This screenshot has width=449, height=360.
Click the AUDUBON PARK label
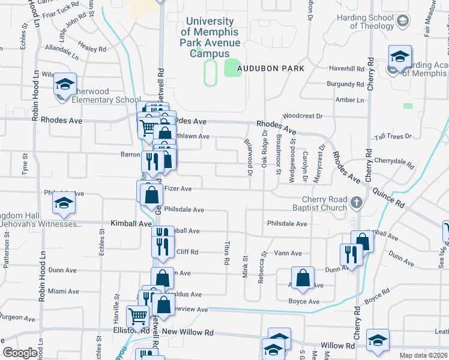tap(270, 68)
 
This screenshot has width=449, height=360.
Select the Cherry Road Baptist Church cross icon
tap(356, 202)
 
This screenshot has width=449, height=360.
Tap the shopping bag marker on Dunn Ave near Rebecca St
tap(303, 278)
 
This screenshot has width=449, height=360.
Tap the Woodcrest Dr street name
tap(303, 115)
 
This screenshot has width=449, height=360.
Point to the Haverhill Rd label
tap(345, 68)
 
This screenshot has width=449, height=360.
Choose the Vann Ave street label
tap(287, 254)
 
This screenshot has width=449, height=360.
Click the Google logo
tap(20, 353)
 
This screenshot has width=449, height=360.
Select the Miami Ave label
tap(64, 292)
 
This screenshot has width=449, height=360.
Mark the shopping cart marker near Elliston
tap(138, 316)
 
